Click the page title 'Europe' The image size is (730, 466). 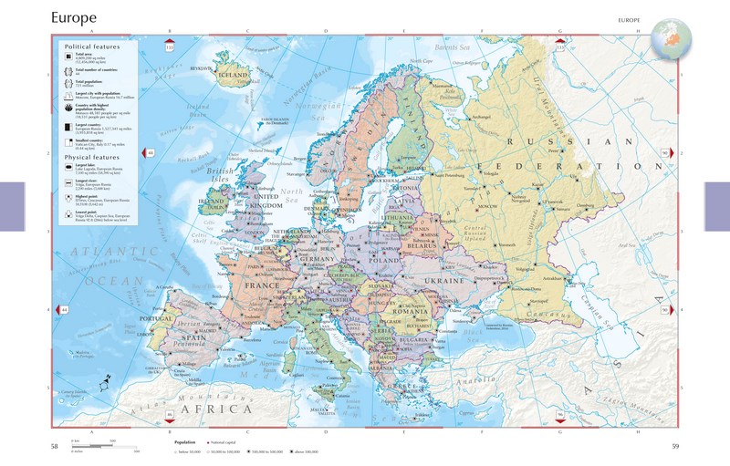pos(76,16)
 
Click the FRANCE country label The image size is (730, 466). pos(264,285)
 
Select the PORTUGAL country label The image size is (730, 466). pos(156,319)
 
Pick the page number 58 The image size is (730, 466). pos(55,446)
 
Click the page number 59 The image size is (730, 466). pos(675,446)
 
